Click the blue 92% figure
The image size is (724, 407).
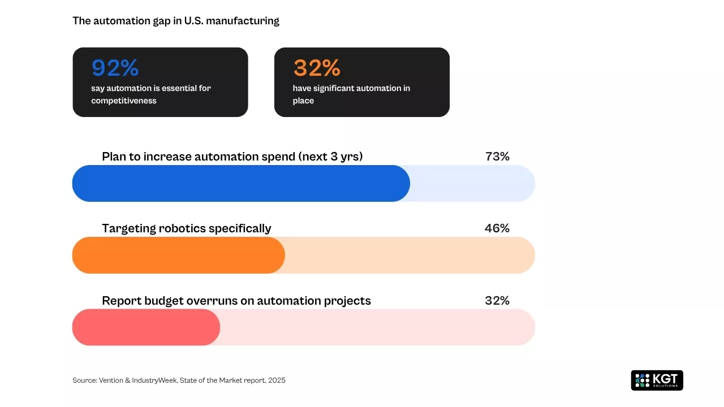pos(115,68)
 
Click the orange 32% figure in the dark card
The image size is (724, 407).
pos(316,68)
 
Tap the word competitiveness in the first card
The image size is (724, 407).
pos(124,101)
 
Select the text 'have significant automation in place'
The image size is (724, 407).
pos(351,94)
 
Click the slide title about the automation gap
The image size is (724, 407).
pos(175,21)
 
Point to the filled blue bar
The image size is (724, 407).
pos(240,183)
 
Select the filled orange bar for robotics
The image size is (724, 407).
pos(178,255)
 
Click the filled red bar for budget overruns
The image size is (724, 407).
pos(145,327)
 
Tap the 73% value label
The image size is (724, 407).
pos(497,157)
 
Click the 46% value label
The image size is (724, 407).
pos(497,228)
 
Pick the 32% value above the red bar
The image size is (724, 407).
pos(497,301)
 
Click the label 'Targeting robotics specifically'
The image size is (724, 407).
pos(186,228)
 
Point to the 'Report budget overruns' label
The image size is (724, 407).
pos(236,301)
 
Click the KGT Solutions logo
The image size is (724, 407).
pos(657,380)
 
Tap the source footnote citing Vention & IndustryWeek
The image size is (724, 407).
pos(179,380)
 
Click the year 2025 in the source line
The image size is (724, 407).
pos(277,380)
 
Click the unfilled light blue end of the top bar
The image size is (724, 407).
pos(472,183)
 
